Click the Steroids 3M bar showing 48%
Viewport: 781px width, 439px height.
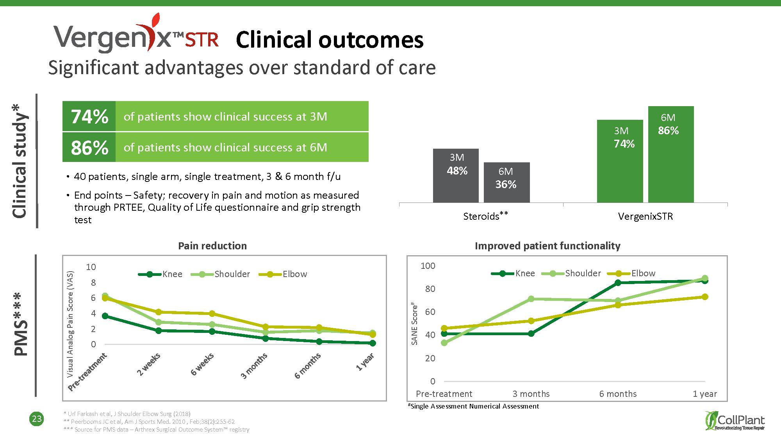click(x=456, y=176)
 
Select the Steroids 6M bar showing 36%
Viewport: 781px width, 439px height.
click(x=506, y=182)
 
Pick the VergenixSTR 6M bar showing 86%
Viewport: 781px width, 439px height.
click(x=670, y=154)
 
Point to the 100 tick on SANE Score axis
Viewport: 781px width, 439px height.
click(x=428, y=266)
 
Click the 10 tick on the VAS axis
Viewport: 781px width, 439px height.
click(x=91, y=267)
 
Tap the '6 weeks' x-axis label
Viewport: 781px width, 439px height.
click(x=202, y=364)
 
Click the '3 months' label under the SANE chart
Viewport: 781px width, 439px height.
click(x=531, y=394)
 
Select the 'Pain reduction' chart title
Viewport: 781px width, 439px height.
click(x=212, y=246)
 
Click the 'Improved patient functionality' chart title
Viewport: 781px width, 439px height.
click(x=547, y=246)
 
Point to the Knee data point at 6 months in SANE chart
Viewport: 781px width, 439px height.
click(x=618, y=283)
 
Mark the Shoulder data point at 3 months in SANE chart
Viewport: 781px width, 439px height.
click(x=531, y=299)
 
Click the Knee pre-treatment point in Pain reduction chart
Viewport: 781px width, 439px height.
click(x=105, y=316)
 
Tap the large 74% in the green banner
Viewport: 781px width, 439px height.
click(x=89, y=117)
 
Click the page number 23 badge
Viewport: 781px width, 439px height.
click(x=37, y=419)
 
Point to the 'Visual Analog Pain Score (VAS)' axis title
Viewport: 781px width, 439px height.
click(x=70, y=324)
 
